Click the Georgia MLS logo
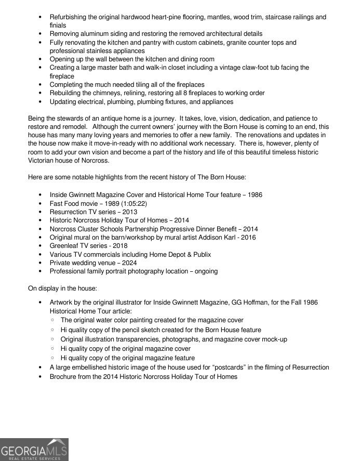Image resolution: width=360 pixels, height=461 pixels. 34,450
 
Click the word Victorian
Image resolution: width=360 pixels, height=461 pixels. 44,161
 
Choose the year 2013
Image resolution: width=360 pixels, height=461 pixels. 130,212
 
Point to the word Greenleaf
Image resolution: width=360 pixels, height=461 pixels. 65,246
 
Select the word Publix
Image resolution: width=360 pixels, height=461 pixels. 200,254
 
